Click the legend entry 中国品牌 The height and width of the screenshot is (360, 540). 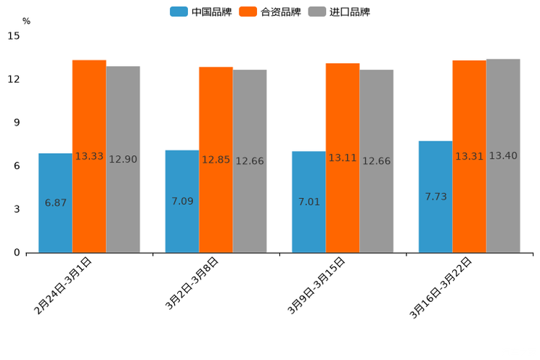[x=200, y=12]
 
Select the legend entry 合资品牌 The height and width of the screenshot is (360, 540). [x=269, y=12]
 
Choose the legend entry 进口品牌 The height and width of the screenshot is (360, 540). [x=339, y=12]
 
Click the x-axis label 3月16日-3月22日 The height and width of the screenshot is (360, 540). [x=441, y=287]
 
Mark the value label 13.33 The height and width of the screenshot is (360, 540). [x=89, y=156]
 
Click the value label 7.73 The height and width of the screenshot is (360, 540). [x=435, y=197]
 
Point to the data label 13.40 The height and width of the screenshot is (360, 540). [x=503, y=156]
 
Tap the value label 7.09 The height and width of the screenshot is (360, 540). [x=182, y=201]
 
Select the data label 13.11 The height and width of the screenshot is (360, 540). [x=343, y=157]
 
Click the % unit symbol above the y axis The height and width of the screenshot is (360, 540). [x=26, y=21]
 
